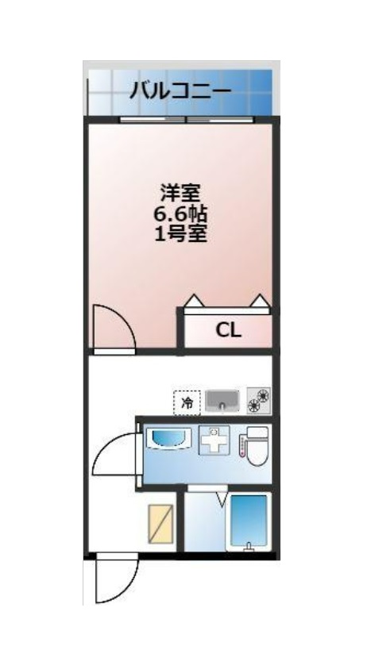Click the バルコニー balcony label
180,90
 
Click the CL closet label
229,331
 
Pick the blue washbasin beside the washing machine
166,439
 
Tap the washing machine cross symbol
213,440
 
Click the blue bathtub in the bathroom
249,521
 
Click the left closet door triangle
193,302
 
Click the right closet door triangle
259,302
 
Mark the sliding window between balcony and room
187,120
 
